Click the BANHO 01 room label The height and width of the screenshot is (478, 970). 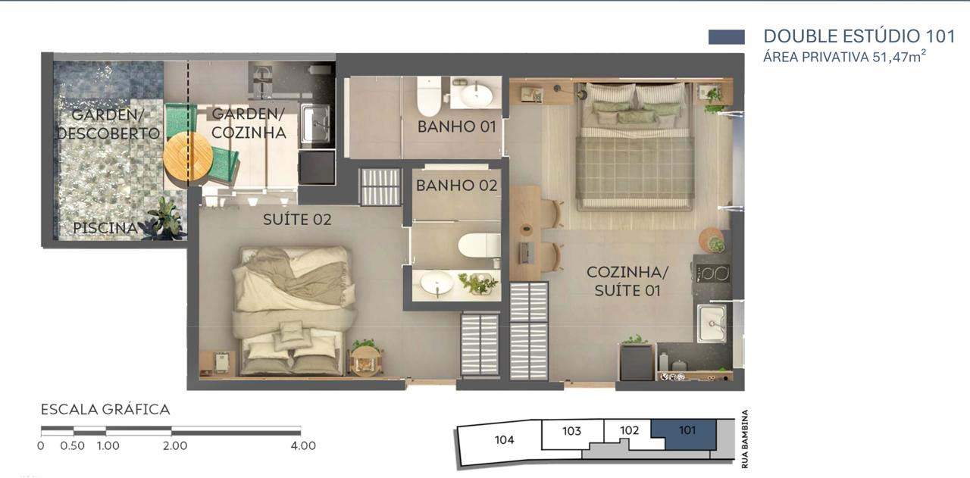click(456, 127)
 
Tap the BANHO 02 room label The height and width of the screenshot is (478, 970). click(456, 186)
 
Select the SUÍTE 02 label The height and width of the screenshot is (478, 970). click(297, 220)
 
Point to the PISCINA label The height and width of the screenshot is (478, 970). click(105, 228)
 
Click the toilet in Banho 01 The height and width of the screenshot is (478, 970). click(429, 96)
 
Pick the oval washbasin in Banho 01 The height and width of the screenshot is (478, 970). click(476, 95)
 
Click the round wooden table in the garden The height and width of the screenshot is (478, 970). click(188, 157)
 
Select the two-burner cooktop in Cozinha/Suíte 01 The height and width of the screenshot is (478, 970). click(713, 273)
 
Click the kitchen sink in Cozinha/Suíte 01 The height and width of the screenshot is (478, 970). click(712, 323)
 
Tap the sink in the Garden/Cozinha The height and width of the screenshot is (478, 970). click(316, 124)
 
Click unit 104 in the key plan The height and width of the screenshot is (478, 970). click(504, 440)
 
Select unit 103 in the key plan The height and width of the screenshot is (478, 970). click(571, 431)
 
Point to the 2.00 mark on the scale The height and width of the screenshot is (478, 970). click(175, 445)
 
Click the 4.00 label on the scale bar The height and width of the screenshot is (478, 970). click(303, 445)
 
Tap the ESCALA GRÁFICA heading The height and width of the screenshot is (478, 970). click(105, 410)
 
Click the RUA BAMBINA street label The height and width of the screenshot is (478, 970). click(745, 439)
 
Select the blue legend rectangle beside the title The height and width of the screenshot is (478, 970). click(727, 37)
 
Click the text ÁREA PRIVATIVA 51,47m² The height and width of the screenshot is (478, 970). click(844, 57)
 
